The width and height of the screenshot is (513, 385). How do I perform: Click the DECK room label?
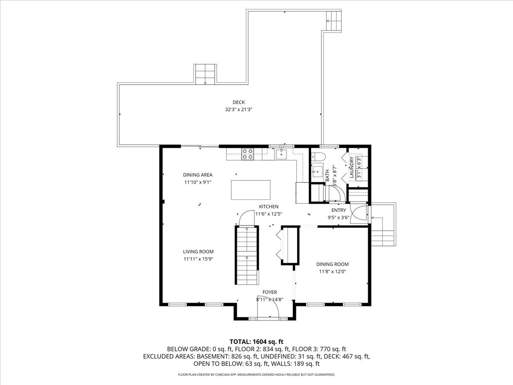[239, 102]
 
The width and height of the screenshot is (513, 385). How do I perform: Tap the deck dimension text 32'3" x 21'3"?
[239, 110]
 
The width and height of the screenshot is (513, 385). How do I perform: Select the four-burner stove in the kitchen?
[248, 154]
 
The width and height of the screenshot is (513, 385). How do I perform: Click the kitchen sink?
[281, 154]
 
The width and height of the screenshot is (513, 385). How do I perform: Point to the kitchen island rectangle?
[251, 190]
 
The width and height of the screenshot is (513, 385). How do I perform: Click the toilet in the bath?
[318, 157]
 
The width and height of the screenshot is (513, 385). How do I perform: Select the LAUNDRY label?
[351, 167]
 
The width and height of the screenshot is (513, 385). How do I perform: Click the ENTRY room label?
[339, 210]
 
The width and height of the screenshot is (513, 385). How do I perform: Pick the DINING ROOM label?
[332, 264]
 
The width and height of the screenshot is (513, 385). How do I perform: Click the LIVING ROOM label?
[198, 252]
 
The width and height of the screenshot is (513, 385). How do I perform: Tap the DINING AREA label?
[198, 175]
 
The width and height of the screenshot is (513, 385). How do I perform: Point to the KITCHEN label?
[268, 207]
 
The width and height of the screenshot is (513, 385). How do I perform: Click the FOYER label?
[270, 292]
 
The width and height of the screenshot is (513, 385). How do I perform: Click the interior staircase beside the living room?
[247, 255]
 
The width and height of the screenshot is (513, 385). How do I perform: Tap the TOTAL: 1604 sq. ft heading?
[256, 342]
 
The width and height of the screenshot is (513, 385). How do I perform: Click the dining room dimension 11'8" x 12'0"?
[332, 272]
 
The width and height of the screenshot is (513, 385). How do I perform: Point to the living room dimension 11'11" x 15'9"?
[198, 259]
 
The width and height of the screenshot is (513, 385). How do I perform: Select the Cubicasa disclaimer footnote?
[256, 375]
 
